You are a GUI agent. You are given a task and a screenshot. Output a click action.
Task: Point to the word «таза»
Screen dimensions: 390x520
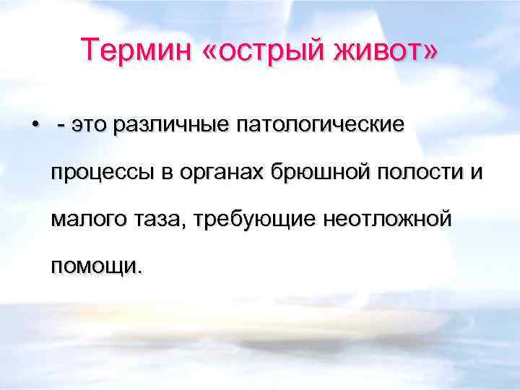(x=159, y=220)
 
